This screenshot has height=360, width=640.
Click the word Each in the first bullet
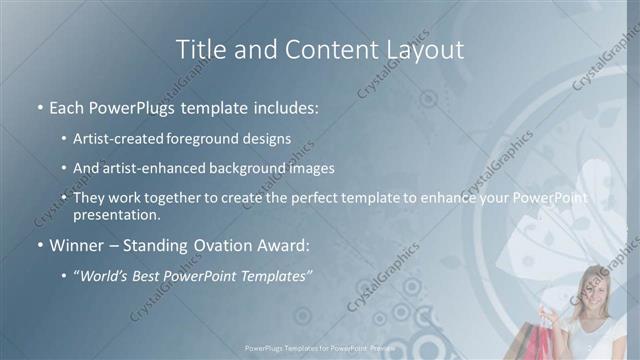coord(67,105)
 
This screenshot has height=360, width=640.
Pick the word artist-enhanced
coord(150,168)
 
